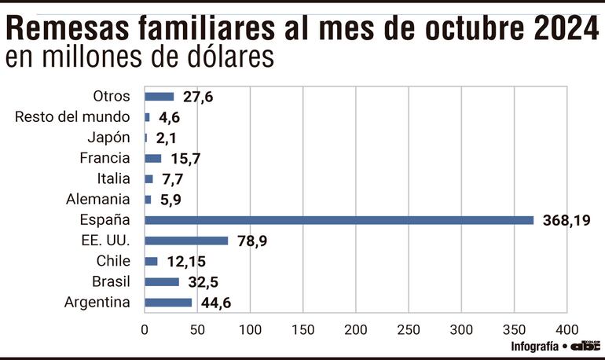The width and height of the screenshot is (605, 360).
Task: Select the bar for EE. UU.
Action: tap(187, 241)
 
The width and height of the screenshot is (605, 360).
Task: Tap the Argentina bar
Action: tap(169, 303)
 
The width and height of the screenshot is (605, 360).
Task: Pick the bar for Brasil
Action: tap(163, 281)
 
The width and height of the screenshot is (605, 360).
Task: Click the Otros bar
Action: tap(159, 97)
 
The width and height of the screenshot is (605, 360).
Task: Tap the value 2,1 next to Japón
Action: tap(167, 138)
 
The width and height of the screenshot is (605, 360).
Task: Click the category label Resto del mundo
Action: tap(71, 117)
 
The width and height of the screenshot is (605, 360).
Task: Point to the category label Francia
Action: tap(104, 158)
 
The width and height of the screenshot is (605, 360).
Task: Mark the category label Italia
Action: tap(113, 178)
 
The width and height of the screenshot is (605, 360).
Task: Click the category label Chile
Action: tap(113, 261)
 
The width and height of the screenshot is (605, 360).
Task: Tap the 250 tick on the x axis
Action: tap(409, 329)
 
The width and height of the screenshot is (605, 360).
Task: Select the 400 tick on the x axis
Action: tap(566, 329)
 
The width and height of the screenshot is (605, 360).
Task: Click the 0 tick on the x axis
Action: tap(145, 329)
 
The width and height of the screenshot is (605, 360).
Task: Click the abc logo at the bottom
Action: tap(585, 346)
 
